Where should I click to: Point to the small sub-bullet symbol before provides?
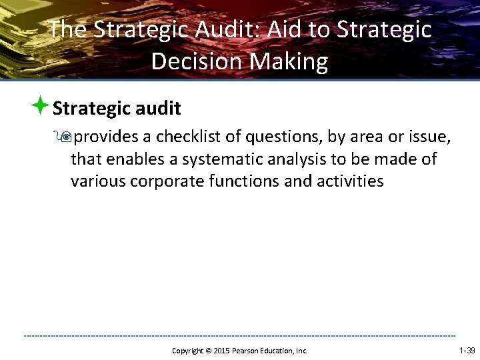(65, 137)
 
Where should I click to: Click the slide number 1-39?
(467, 350)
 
